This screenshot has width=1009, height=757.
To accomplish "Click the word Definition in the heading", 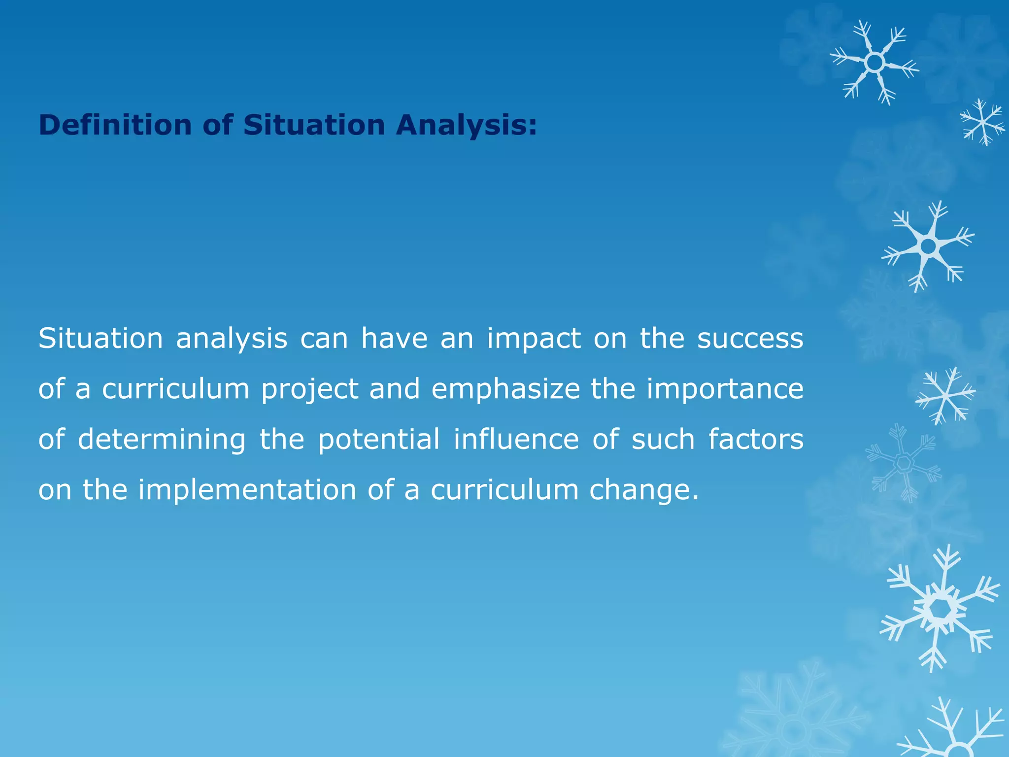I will click(114, 125).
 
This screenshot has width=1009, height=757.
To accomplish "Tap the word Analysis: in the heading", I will click(466, 125).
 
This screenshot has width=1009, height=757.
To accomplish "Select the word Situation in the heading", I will click(314, 125).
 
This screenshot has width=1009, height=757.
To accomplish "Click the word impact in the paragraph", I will click(534, 339).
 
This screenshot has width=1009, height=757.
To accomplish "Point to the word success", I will click(750, 339).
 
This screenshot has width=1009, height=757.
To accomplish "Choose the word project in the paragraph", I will click(309, 389).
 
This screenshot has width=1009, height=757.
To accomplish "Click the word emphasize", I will click(505, 389).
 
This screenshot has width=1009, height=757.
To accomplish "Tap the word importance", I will click(725, 389).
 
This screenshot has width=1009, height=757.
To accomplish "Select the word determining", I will click(162, 440).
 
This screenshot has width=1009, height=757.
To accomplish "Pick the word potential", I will click(378, 440).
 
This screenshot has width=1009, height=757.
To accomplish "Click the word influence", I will click(516, 440).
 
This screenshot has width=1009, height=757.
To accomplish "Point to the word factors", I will click(756, 440).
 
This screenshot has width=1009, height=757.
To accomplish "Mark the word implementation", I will click(247, 490).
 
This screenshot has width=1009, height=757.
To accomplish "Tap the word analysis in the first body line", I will click(232, 339).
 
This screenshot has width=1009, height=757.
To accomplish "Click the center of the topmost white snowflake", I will click(874, 63).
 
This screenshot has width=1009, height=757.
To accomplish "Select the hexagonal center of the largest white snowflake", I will click(942, 609).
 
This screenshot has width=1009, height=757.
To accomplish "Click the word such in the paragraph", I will click(663, 440).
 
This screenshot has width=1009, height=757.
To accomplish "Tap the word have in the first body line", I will click(394, 339).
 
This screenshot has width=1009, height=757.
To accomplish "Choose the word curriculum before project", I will click(176, 389).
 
